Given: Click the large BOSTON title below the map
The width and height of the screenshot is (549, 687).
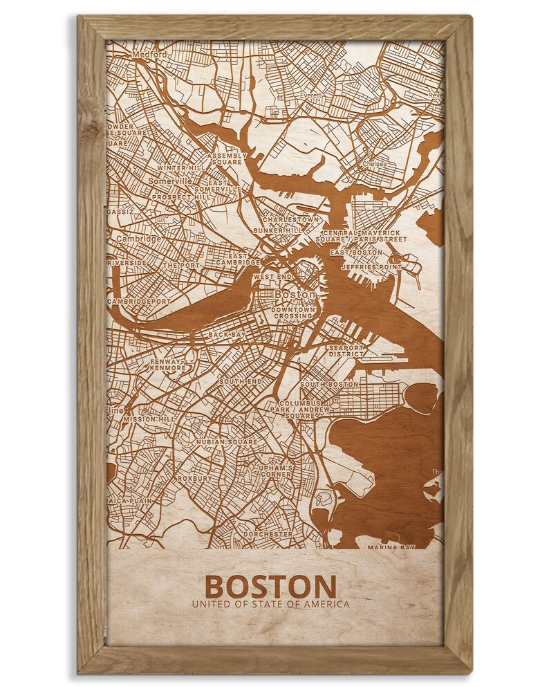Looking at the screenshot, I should tap(270, 586).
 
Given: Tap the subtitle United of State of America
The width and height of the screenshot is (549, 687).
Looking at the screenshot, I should tap(270, 604).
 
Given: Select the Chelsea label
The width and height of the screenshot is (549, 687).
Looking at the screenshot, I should tap(375, 164).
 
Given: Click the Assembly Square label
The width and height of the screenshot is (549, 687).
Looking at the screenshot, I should tap(227, 159).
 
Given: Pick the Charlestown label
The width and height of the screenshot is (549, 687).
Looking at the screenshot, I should tap(291, 219).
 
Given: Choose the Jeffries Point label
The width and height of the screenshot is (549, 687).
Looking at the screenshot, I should tap(375, 267).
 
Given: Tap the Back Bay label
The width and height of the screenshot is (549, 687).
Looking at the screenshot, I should tap(227, 335).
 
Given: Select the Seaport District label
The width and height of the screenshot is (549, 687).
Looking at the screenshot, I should tap(346, 351).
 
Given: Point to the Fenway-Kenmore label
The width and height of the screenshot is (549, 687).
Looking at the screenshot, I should tap(169, 365).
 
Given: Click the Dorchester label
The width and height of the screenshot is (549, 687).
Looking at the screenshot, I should tap(267, 534).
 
